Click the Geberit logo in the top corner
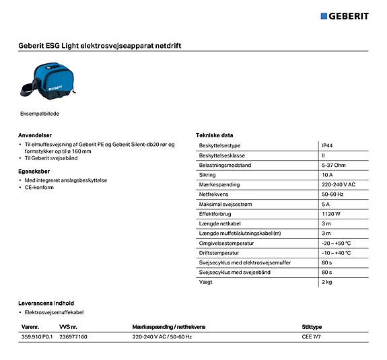click(x=344, y=16)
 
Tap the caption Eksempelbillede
click(x=39, y=114)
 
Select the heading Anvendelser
click(x=35, y=135)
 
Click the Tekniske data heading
click(x=214, y=135)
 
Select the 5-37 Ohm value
click(x=335, y=165)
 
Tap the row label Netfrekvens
click(x=214, y=194)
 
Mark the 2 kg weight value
click(x=327, y=281)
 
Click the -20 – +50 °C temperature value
click(x=337, y=242)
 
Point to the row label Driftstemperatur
click(x=219, y=252)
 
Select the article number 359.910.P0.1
click(x=37, y=336)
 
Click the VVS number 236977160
click(x=73, y=336)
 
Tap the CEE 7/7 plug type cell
click(x=312, y=336)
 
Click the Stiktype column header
click(x=312, y=326)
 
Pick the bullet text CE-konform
click(x=39, y=188)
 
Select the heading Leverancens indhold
click(x=46, y=303)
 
